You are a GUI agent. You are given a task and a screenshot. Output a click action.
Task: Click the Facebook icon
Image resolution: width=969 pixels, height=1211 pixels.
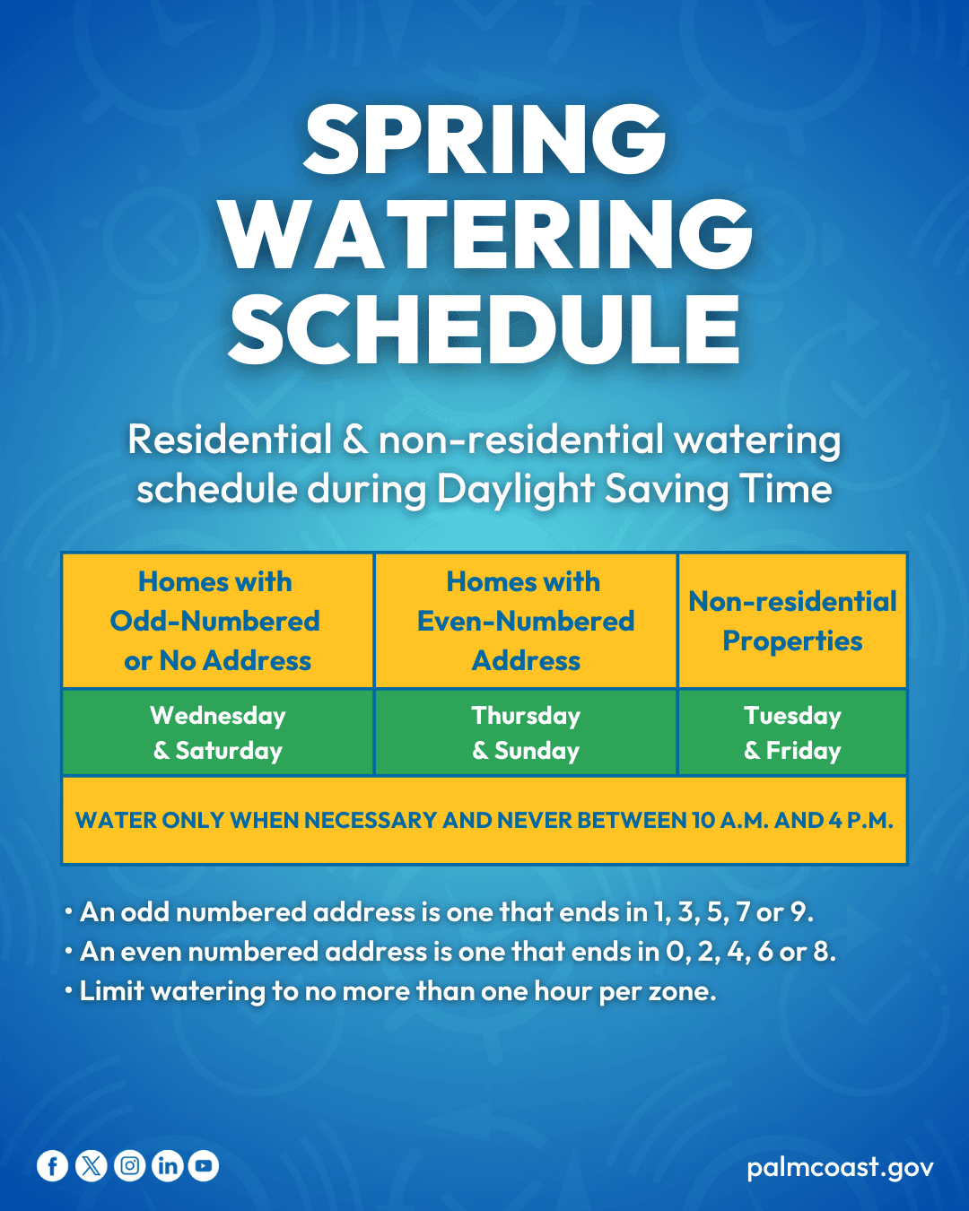(x=52, y=1166)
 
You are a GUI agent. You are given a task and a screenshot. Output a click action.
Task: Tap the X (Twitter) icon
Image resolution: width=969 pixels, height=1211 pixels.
(x=91, y=1166)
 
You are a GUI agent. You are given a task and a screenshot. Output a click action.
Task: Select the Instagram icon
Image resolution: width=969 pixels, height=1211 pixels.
(x=129, y=1166)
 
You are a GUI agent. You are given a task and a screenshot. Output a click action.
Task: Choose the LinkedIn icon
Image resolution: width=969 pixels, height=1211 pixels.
(x=167, y=1166)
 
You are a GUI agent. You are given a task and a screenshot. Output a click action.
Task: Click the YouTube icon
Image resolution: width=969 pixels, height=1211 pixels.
(x=204, y=1166)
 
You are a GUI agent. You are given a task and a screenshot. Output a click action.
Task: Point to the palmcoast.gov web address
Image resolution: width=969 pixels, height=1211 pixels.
(x=840, y=1167)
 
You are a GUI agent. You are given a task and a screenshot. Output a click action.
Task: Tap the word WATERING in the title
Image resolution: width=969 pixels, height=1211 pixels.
(x=484, y=234)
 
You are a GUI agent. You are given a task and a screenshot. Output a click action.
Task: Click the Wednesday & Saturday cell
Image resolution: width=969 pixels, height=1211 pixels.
(x=218, y=732)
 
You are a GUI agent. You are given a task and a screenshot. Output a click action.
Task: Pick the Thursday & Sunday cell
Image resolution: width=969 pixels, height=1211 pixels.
(x=526, y=732)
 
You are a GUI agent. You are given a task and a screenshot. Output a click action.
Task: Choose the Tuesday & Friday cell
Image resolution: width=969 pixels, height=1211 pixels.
(x=792, y=732)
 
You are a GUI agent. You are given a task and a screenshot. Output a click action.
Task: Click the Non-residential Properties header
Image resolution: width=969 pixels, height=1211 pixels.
(x=792, y=621)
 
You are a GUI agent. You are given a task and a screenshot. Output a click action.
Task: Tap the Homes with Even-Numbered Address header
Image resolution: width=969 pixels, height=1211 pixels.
(x=526, y=621)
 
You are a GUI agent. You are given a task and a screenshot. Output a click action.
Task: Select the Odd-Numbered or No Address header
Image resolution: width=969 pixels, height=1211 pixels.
(x=216, y=621)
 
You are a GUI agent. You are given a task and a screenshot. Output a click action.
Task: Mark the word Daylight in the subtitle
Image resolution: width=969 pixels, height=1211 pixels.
(x=516, y=490)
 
